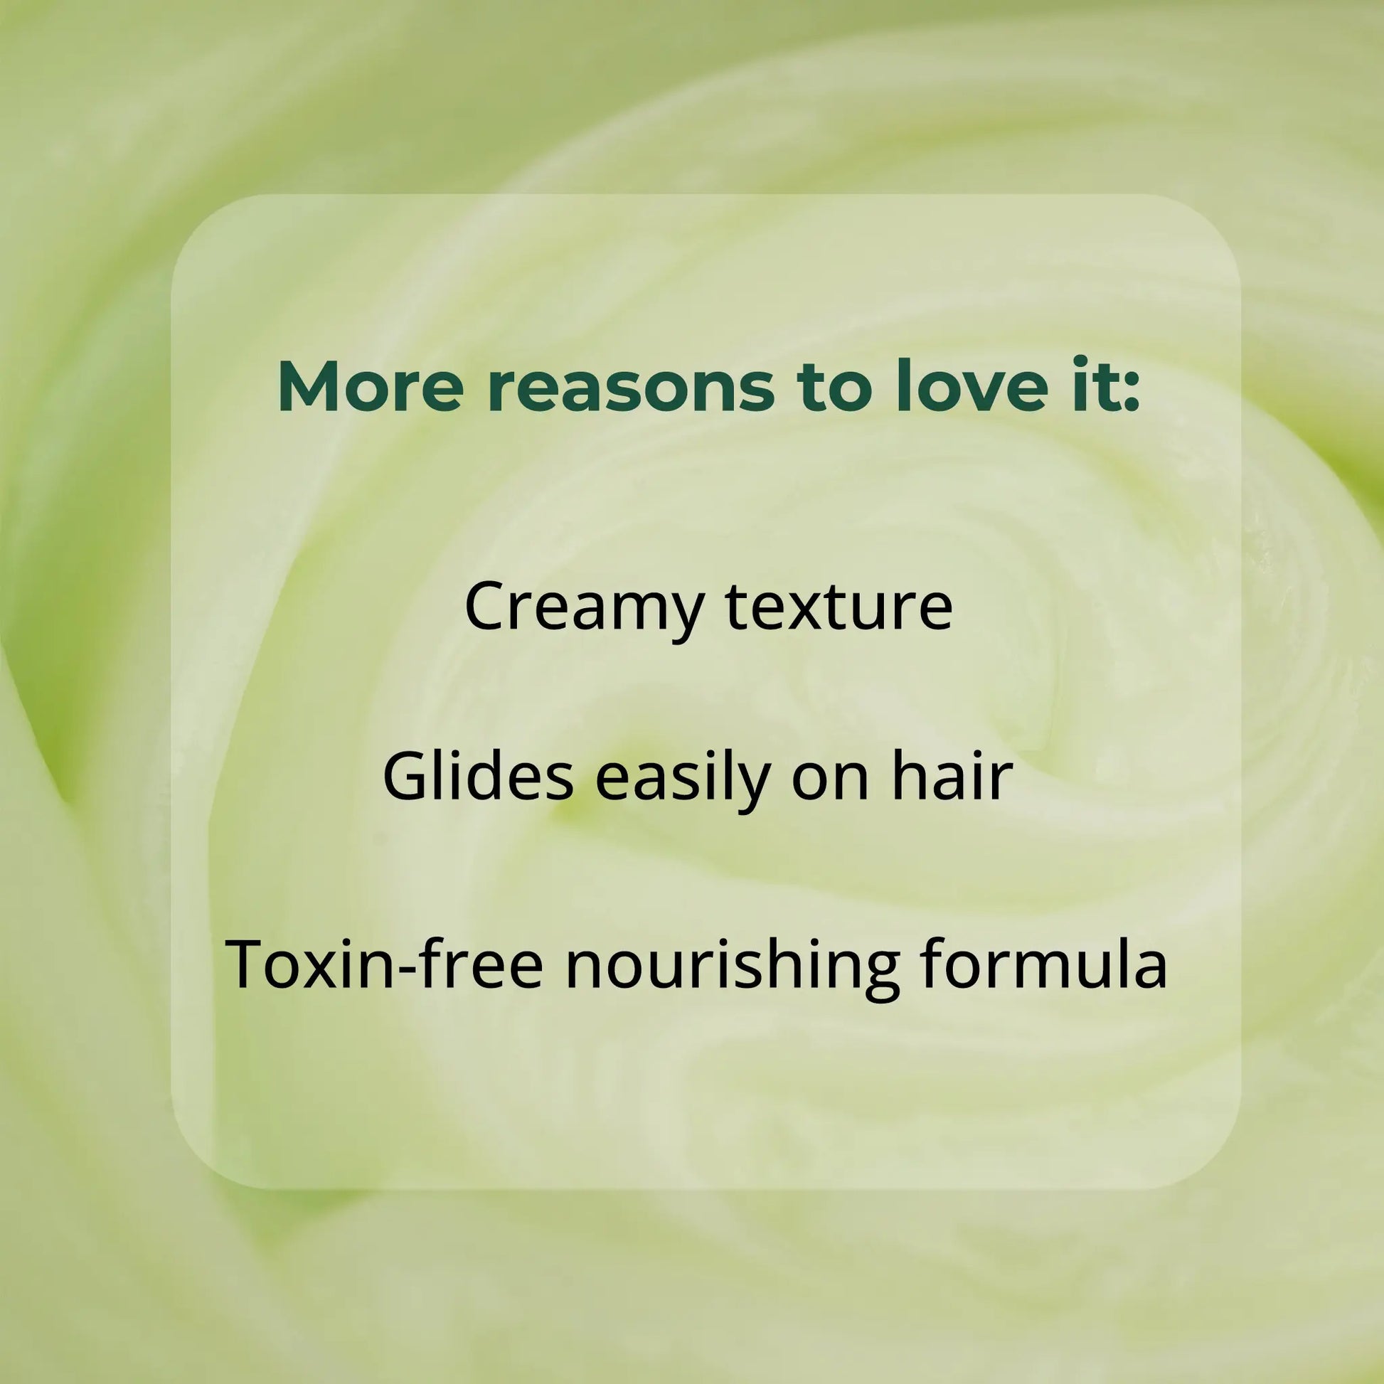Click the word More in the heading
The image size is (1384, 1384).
(x=371, y=387)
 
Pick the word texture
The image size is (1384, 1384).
(x=839, y=607)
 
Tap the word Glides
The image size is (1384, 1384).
(x=478, y=777)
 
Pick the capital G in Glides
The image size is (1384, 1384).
(x=406, y=777)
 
